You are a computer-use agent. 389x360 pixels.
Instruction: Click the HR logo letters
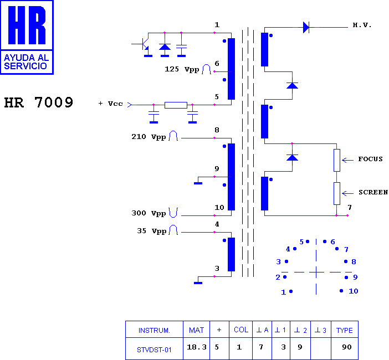pos(27,25)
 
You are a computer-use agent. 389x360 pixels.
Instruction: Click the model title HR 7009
pos(39,102)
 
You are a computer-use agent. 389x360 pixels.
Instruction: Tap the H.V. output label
pos(362,25)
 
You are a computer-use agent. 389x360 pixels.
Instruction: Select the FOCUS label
pos(370,159)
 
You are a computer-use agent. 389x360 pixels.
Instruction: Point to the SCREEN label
pos(373,192)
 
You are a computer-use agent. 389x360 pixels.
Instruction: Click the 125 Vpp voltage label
pos(182,69)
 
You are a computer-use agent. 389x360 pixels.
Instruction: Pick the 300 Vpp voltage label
pos(149,213)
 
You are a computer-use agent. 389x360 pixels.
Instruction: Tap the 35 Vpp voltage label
pos(152,231)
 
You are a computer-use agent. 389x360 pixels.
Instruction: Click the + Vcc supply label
pos(111,104)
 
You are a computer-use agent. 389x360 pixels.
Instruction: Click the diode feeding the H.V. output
pos(306,27)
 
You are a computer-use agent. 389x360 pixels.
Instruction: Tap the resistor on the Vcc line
pos(176,105)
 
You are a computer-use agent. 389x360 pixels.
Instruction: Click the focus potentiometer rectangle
pos(337,160)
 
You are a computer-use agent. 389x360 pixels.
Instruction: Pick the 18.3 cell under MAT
pos(197,347)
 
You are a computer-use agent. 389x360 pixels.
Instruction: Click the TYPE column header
pos(344,330)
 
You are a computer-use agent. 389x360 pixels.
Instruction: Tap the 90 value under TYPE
pos(346,347)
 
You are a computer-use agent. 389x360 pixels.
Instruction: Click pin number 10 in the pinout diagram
pos(354,291)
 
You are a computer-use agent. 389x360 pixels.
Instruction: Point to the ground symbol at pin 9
pos(198,183)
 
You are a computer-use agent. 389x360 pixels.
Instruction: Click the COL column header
pos(241,330)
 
